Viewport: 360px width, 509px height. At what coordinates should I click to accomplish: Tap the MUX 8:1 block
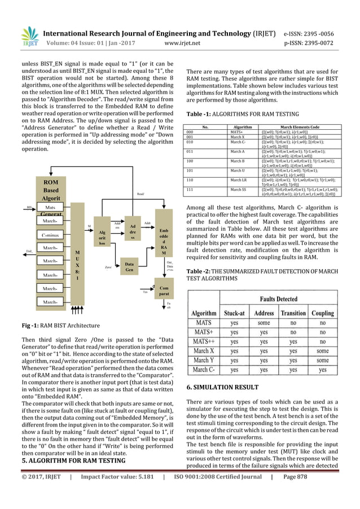coord(77,263)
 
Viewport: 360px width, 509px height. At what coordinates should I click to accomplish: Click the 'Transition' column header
coord(293,313)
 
